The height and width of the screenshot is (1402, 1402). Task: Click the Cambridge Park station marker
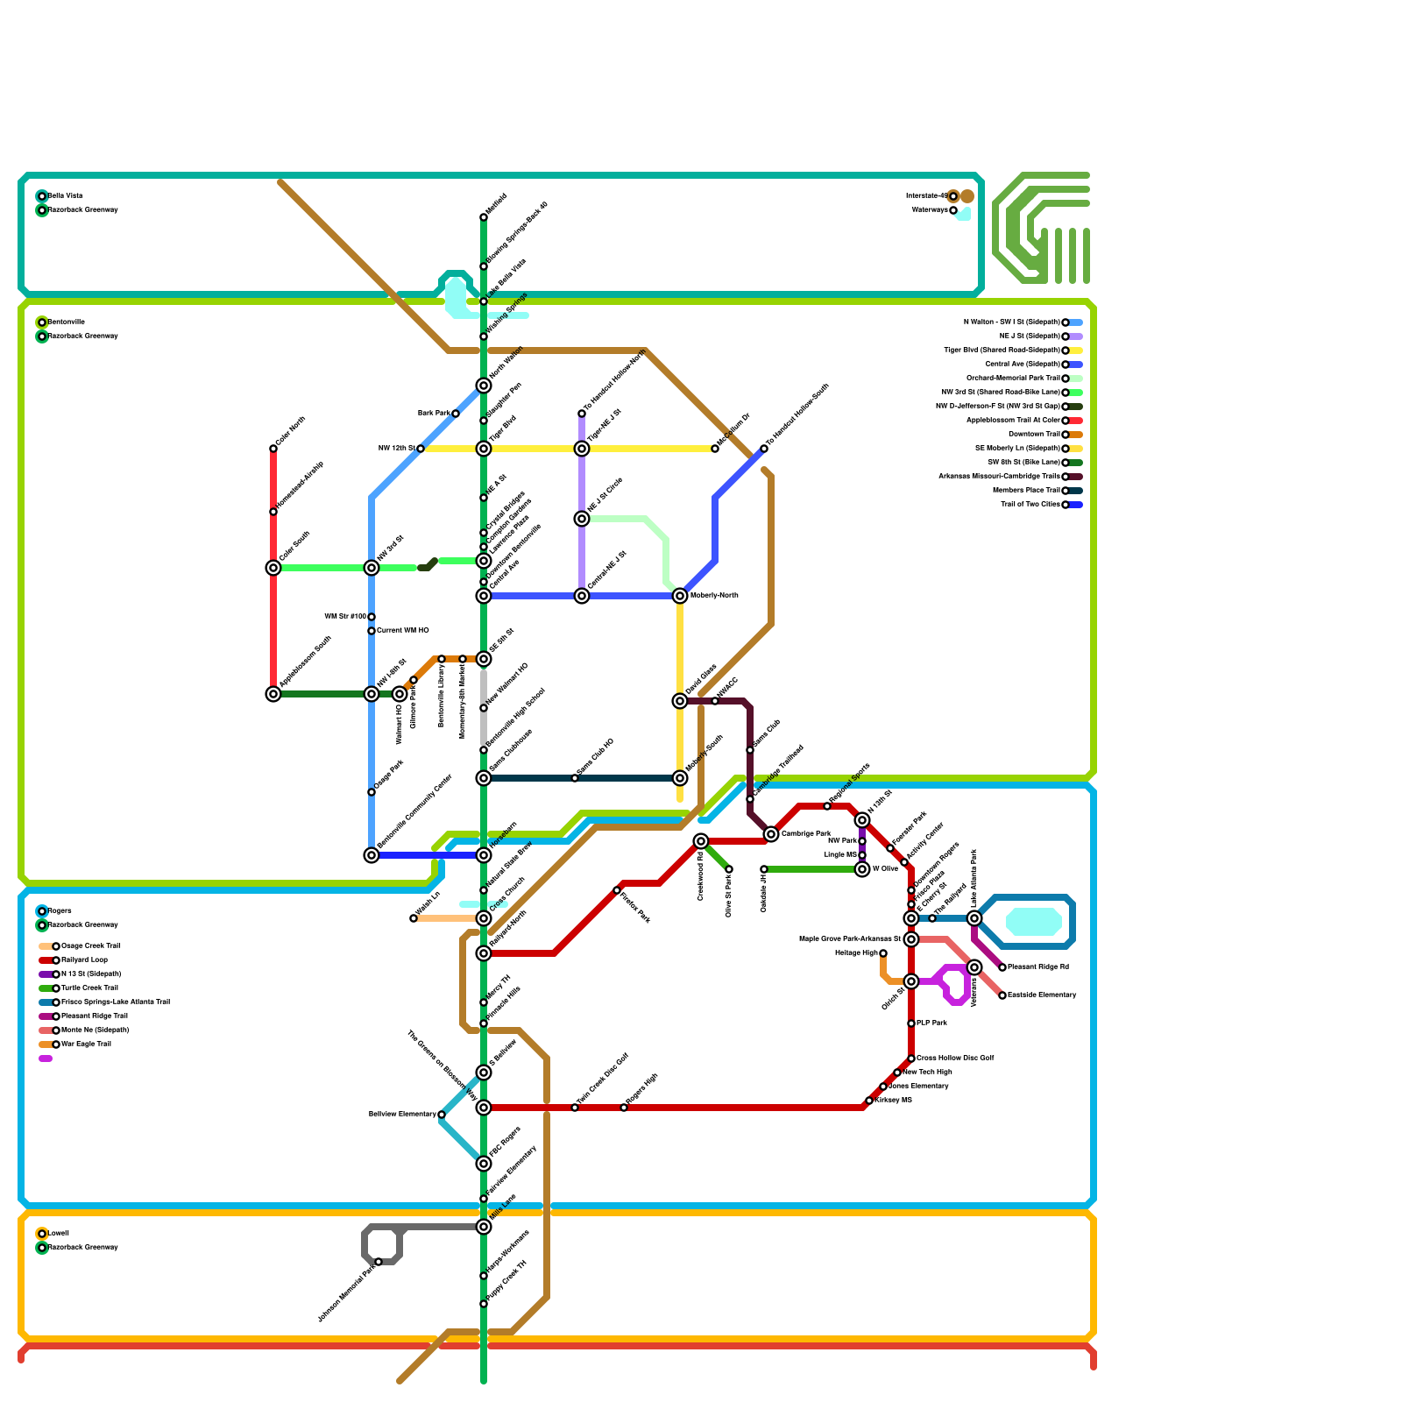click(x=771, y=834)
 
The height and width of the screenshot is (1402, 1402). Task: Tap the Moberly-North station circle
click(x=680, y=596)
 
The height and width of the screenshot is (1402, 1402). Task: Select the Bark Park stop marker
click(x=456, y=414)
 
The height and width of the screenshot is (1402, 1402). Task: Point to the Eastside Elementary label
click(x=1042, y=995)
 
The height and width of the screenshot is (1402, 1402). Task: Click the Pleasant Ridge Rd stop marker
click(x=1002, y=967)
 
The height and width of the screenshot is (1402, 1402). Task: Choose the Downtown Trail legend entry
click(x=1033, y=435)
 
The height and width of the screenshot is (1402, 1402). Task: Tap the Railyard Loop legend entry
click(x=84, y=960)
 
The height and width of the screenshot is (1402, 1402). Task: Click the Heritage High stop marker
click(x=883, y=953)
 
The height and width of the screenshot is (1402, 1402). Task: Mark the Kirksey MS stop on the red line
click(x=869, y=1101)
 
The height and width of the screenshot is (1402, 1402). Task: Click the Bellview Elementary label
click(x=402, y=1115)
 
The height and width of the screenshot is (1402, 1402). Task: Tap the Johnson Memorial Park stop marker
click(x=379, y=1262)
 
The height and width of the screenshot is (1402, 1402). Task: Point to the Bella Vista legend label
click(x=65, y=196)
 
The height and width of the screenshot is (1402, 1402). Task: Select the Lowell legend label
click(x=58, y=1234)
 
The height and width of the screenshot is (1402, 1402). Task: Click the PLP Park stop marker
click(x=911, y=1023)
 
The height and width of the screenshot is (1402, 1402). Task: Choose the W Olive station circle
click(x=862, y=869)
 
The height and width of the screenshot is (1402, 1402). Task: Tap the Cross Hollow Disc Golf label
click(x=955, y=1059)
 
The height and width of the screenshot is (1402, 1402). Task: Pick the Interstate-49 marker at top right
click(x=953, y=196)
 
